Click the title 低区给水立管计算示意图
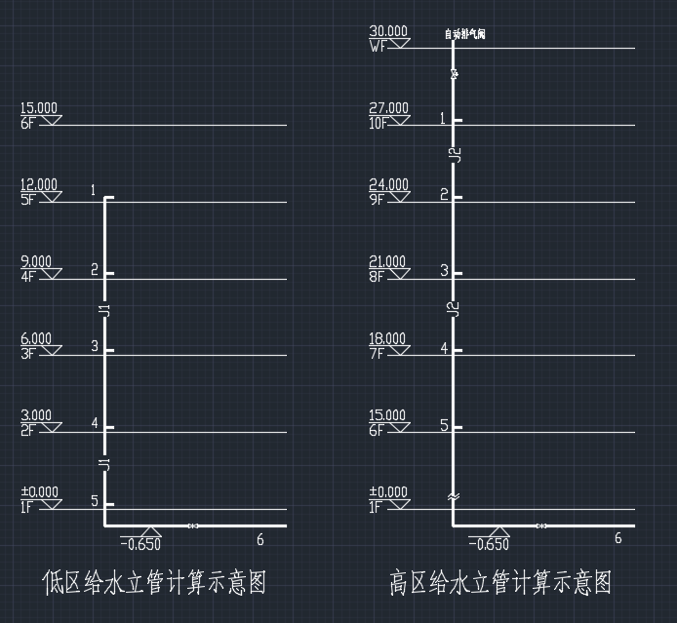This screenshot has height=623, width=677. [x=154, y=583]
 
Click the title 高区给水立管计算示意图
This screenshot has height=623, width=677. [x=501, y=583]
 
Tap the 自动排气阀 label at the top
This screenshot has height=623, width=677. [x=464, y=34]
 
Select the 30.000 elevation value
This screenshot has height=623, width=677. [x=388, y=31]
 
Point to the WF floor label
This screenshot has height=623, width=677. [x=378, y=46]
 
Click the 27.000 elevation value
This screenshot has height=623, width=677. [x=388, y=108]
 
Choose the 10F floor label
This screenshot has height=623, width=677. [x=378, y=123]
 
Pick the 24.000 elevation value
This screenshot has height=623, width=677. [x=388, y=184]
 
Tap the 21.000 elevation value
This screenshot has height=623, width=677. [x=388, y=261]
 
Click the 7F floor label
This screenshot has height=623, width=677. [x=377, y=353]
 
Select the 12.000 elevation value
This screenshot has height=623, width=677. [x=39, y=184]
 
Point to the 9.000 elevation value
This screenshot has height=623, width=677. [x=36, y=261]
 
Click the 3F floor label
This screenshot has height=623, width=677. [x=27, y=353]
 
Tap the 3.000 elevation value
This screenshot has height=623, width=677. [x=36, y=415]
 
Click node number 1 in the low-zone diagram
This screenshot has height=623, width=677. [x=94, y=190]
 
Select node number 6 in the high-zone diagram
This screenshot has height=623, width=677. [x=617, y=538]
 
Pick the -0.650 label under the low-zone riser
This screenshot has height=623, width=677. [x=140, y=544]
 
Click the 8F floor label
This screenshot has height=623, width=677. [x=377, y=276]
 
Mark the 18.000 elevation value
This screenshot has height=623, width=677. [x=388, y=338]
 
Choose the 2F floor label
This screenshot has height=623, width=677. [x=27, y=430]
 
